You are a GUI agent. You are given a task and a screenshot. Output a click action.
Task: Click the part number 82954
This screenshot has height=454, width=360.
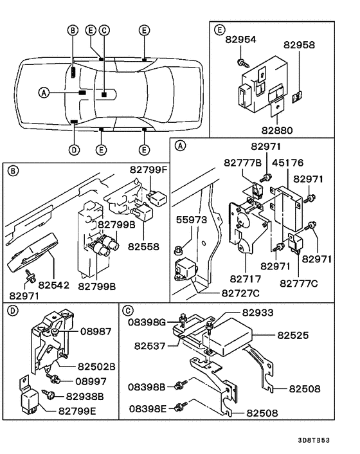[241, 39]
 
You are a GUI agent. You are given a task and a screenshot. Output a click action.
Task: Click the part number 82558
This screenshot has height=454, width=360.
[142, 246]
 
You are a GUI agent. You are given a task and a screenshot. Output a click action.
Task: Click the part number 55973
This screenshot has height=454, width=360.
[192, 220]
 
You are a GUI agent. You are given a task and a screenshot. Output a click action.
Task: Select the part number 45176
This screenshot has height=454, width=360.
[290, 163]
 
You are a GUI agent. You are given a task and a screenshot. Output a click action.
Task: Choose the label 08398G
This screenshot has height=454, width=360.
[147, 321]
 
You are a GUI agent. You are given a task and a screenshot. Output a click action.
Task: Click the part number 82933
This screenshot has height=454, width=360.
[257, 313]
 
